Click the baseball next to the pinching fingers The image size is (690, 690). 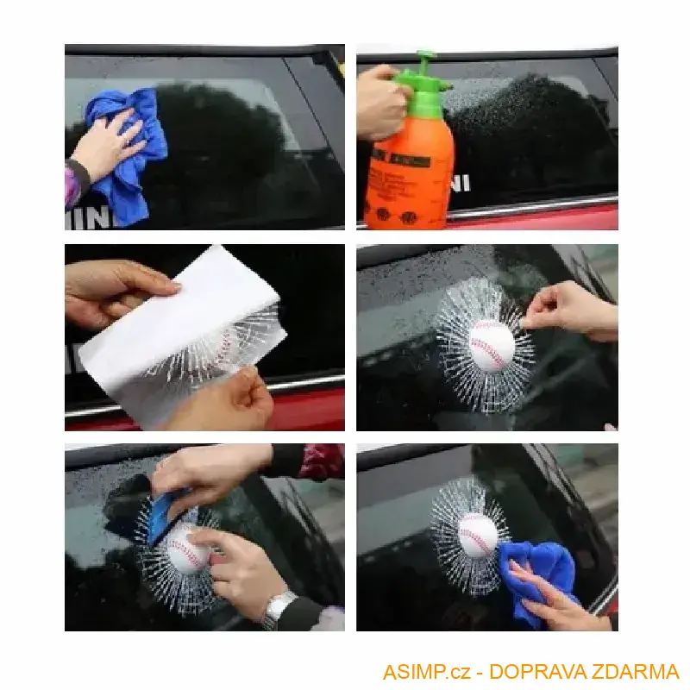pyautogui.click(x=492, y=345)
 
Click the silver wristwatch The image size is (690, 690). pyautogui.click(x=278, y=609)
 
